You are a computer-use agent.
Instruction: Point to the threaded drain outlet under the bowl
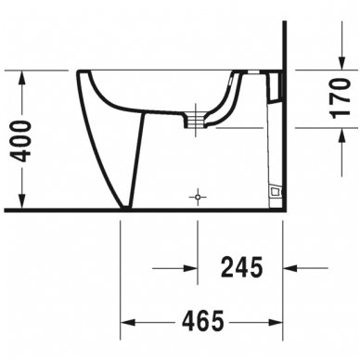tap(196, 120)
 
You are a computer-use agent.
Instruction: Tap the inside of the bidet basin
tap(158, 88)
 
